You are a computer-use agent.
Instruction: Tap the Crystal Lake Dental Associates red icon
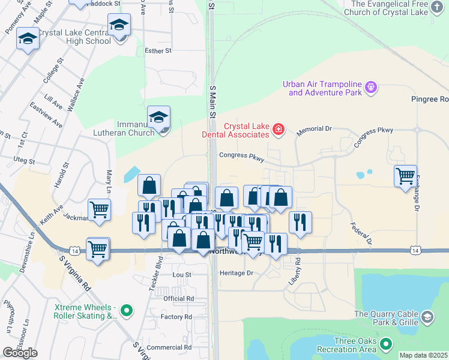pyautogui.click(x=278, y=129)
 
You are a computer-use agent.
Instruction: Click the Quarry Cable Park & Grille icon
pyautogui.click(x=427, y=317)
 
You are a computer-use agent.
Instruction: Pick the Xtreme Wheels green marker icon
pyautogui.click(x=125, y=310)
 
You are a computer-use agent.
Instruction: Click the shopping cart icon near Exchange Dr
pyautogui.click(x=406, y=176)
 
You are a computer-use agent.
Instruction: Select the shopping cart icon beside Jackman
pyautogui.click(x=99, y=209)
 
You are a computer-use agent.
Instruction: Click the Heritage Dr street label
pyautogui.click(x=238, y=272)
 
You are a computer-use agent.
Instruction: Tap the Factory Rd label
pyautogui.click(x=176, y=317)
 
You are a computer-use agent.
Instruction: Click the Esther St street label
pyautogui.click(x=158, y=51)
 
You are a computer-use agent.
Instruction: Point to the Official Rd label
pyautogui.click(x=178, y=298)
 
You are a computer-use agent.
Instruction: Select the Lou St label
pyautogui.click(x=181, y=275)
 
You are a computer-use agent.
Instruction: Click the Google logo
pyautogui.click(x=20, y=353)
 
